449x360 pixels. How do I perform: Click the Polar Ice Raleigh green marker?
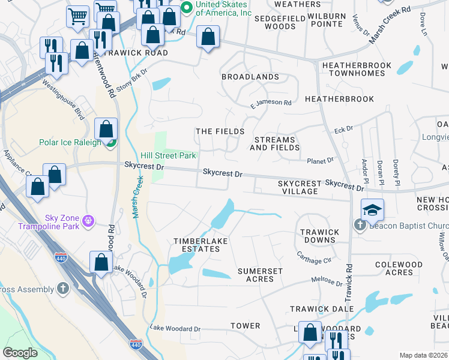(x=111, y=143)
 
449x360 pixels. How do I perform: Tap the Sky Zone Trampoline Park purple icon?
(x=89, y=221)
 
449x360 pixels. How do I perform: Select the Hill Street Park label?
(x=168, y=155)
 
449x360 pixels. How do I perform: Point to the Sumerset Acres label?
(x=260, y=275)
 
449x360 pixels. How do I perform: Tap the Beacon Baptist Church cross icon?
(x=360, y=226)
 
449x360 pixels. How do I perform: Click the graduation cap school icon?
(x=372, y=209)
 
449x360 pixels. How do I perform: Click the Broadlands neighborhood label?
(x=250, y=77)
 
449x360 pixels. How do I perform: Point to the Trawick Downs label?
(x=319, y=236)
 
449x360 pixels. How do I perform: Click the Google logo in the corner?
(x=20, y=353)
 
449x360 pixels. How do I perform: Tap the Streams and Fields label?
(x=274, y=143)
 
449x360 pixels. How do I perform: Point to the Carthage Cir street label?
(x=314, y=257)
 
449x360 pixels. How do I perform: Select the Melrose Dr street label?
(x=327, y=281)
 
